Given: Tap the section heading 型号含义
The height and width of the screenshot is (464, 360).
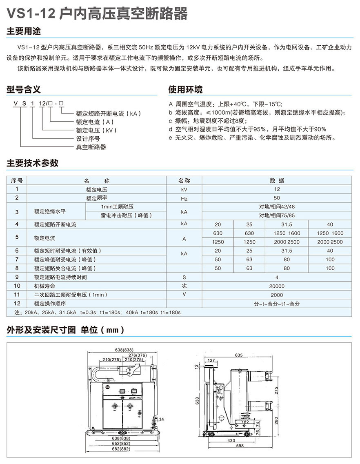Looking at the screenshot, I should pyautogui.click(x=24, y=89).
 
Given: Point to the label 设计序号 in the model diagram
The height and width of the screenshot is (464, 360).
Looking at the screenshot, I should pyautogui.click(x=88, y=139).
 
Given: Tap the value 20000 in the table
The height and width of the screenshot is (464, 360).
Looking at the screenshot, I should pyautogui.click(x=277, y=286).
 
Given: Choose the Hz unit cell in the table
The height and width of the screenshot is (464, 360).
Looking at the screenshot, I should pyautogui.click(x=184, y=198).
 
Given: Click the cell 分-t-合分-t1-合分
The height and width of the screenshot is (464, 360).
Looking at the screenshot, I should pyautogui.click(x=277, y=304).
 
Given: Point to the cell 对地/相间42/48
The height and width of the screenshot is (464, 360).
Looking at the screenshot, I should pyautogui.click(x=277, y=207).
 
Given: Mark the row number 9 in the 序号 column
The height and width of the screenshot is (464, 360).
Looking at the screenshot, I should pyautogui.click(x=17, y=277).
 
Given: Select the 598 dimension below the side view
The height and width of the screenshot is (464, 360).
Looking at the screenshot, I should pyautogui.click(x=240, y=446).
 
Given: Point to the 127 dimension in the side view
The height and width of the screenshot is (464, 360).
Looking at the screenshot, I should pyautogui.click(x=211, y=360).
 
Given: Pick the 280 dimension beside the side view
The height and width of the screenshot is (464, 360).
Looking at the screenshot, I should pyautogui.click(x=276, y=419).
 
